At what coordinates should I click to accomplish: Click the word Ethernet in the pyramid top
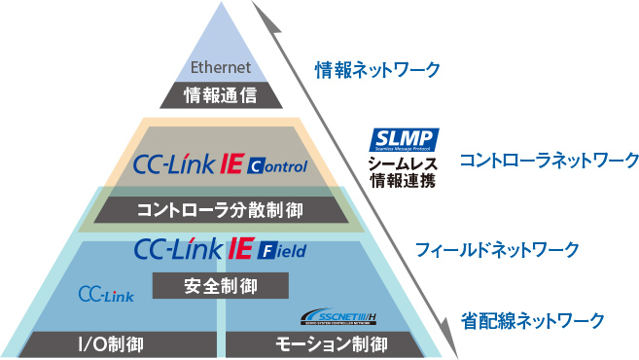(x=221, y=68)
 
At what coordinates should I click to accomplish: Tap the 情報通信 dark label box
(x=221, y=94)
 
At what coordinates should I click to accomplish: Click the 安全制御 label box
(x=221, y=286)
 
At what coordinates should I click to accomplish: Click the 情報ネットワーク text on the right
(x=377, y=70)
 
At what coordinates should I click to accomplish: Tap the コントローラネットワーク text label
(x=549, y=159)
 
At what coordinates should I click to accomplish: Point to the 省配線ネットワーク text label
(x=533, y=319)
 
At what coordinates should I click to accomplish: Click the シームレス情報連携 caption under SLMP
(x=402, y=171)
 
